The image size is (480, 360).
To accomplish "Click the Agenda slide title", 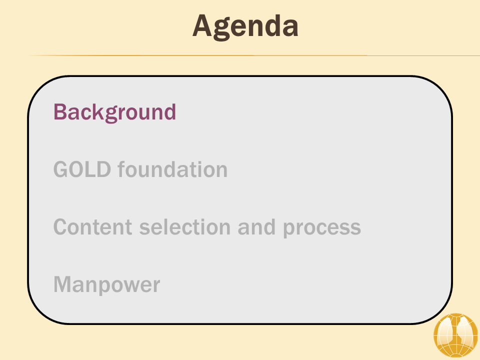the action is pyautogui.click(x=245, y=27).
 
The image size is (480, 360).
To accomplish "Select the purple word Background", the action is pyautogui.click(x=115, y=112).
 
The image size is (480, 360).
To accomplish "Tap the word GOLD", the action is pyautogui.click(x=82, y=169).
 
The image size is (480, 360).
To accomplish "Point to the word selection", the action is pyautogui.click(x=185, y=227).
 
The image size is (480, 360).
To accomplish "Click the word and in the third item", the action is pyautogui.click(x=256, y=227).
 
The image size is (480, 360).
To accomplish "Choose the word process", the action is pyautogui.click(x=321, y=228).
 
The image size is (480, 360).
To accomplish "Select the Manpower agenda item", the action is pyautogui.click(x=107, y=285).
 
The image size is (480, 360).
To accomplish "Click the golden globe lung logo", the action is pyautogui.click(x=455, y=335).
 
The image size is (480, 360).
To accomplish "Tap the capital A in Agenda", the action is pyautogui.click(x=202, y=25).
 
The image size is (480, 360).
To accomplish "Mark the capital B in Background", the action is pyautogui.click(x=60, y=111).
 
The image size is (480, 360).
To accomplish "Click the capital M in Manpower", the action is pyautogui.click(x=63, y=284).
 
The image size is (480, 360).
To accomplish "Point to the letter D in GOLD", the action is pyautogui.click(x=103, y=169).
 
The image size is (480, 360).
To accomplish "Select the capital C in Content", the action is pyautogui.click(x=61, y=227).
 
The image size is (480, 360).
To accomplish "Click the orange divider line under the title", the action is pyautogui.click(x=253, y=55).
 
